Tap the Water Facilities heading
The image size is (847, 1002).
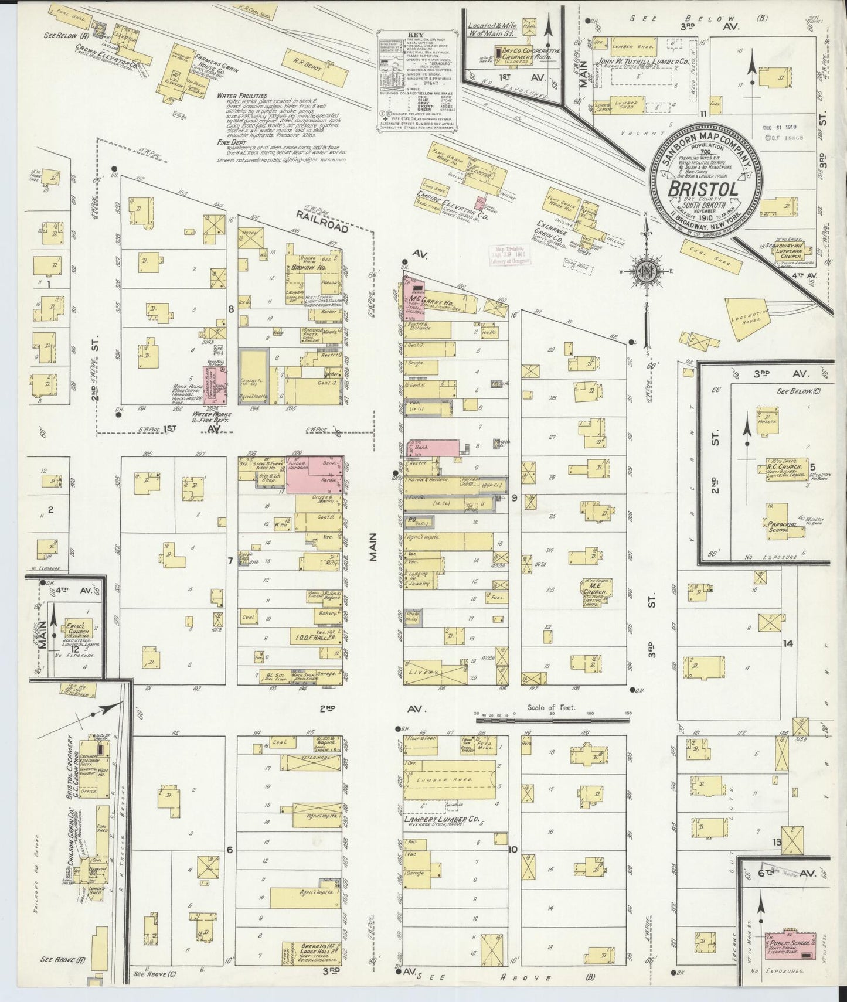(241, 95)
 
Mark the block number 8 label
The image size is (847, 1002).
(231, 309)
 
